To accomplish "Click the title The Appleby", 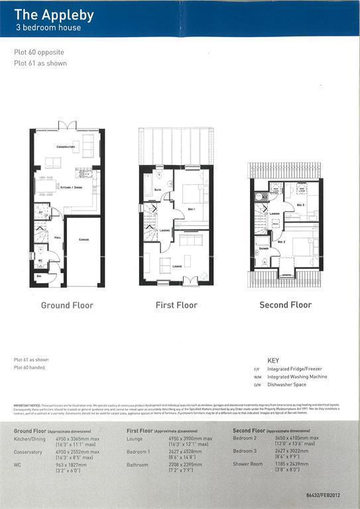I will coord(54,15).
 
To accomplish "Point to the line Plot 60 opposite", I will coord(39,52).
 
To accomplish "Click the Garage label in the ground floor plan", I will coord(84,239).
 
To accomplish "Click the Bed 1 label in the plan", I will coord(192,209).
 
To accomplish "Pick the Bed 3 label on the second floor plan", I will coord(300,205).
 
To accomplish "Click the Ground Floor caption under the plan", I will coord(67,306).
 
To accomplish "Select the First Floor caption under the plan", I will coord(176,306).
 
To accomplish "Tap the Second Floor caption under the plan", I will coord(285,306).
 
